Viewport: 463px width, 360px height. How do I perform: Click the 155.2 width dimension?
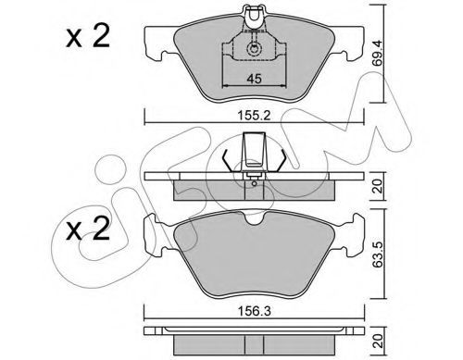coord(254,116)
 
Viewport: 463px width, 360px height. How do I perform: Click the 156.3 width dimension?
coord(255,311)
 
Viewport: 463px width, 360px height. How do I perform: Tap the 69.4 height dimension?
coord(377,53)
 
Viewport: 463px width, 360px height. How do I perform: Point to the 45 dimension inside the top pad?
coord(254,79)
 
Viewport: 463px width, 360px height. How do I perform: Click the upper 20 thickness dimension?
coord(379,186)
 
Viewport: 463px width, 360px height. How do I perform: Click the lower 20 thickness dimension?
coord(379,341)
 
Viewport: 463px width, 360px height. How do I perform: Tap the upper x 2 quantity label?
coord(88,36)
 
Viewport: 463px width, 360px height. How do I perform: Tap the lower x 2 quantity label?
coord(88,229)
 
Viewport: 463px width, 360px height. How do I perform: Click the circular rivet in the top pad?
coord(254,49)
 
